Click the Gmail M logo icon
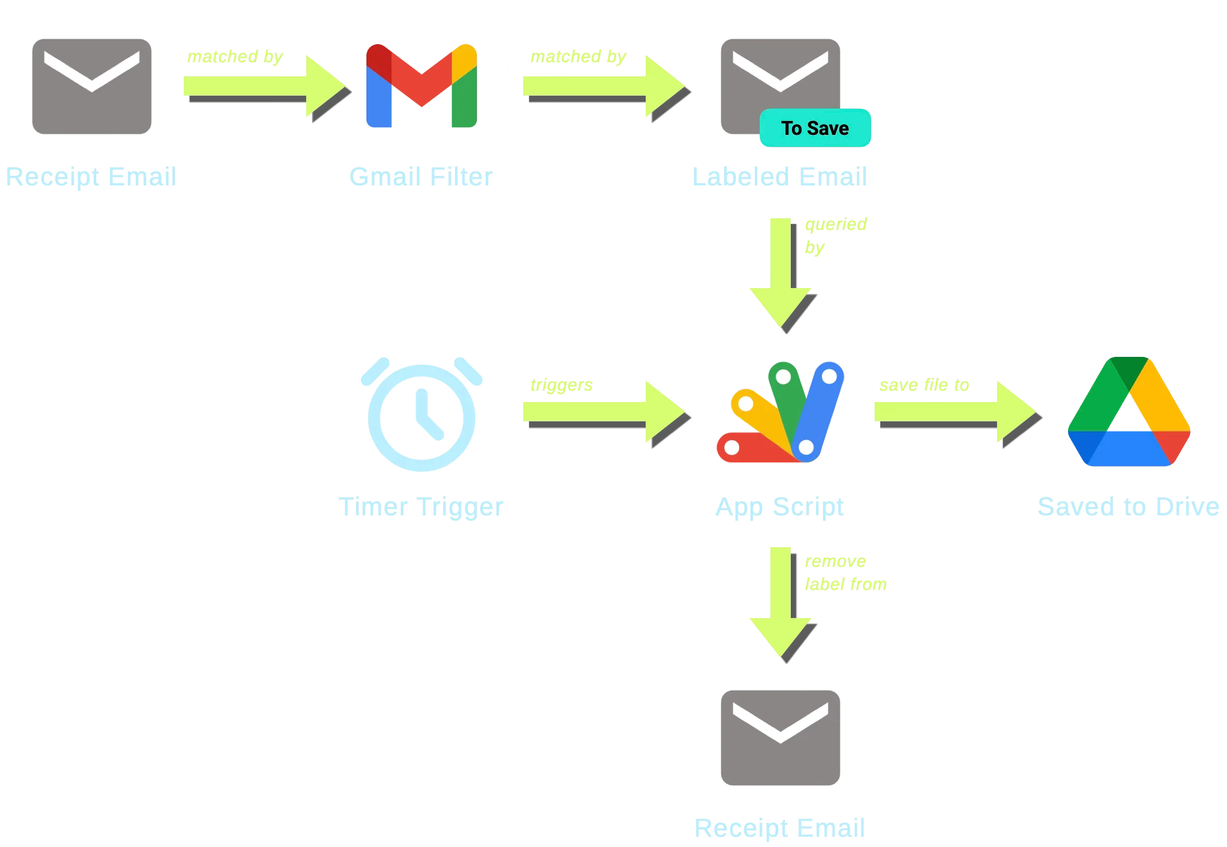coord(421,86)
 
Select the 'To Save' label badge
coord(815,128)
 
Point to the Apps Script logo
coord(780,413)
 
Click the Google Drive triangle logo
coord(1128,413)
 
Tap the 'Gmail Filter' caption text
coord(421,176)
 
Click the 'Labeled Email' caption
coord(779,176)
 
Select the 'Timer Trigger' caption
coord(421,506)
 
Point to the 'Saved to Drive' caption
coord(1128,506)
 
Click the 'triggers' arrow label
coord(561,385)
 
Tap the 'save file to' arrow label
coord(925,385)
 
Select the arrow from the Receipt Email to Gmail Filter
coord(263,86)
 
